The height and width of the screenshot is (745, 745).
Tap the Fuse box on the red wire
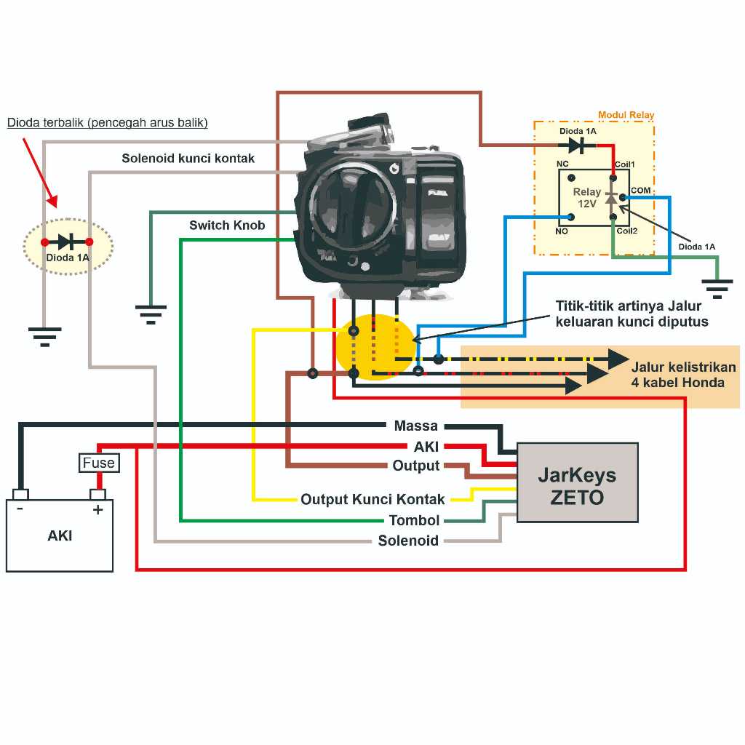pyautogui.click(x=98, y=463)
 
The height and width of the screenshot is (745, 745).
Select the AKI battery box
pyautogui.click(x=60, y=535)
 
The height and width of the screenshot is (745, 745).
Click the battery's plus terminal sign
pyautogui.click(x=97, y=510)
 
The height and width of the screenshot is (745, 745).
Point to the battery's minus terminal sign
pyautogui.click(x=20, y=509)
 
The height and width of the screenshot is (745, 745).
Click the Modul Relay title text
pyautogui.click(x=626, y=115)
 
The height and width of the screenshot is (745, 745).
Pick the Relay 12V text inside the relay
pyautogui.click(x=587, y=198)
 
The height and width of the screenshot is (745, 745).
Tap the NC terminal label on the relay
pyautogui.click(x=562, y=164)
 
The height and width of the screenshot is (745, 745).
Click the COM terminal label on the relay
pyautogui.click(x=641, y=191)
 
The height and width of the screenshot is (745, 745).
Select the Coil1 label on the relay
pyautogui.click(x=625, y=164)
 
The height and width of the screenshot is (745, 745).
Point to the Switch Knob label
pyautogui.click(x=227, y=226)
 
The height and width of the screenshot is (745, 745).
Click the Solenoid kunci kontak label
pyautogui.click(x=188, y=158)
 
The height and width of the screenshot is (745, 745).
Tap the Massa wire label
pyautogui.click(x=415, y=426)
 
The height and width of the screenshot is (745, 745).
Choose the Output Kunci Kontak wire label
pyautogui.click(x=372, y=500)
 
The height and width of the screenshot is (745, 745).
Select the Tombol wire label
pyautogui.click(x=414, y=520)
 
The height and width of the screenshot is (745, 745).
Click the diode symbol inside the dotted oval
pyautogui.click(x=67, y=242)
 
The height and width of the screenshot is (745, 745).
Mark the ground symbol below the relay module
pyautogui.click(x=717, y=289)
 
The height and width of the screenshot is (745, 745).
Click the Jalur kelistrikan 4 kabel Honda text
pyautogui.click(x=683, y=375)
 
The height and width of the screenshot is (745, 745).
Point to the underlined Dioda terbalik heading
pyautogui.click(x=108, y=122)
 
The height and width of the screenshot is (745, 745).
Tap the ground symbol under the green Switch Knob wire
pyautogui.click(x=151, y=314)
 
